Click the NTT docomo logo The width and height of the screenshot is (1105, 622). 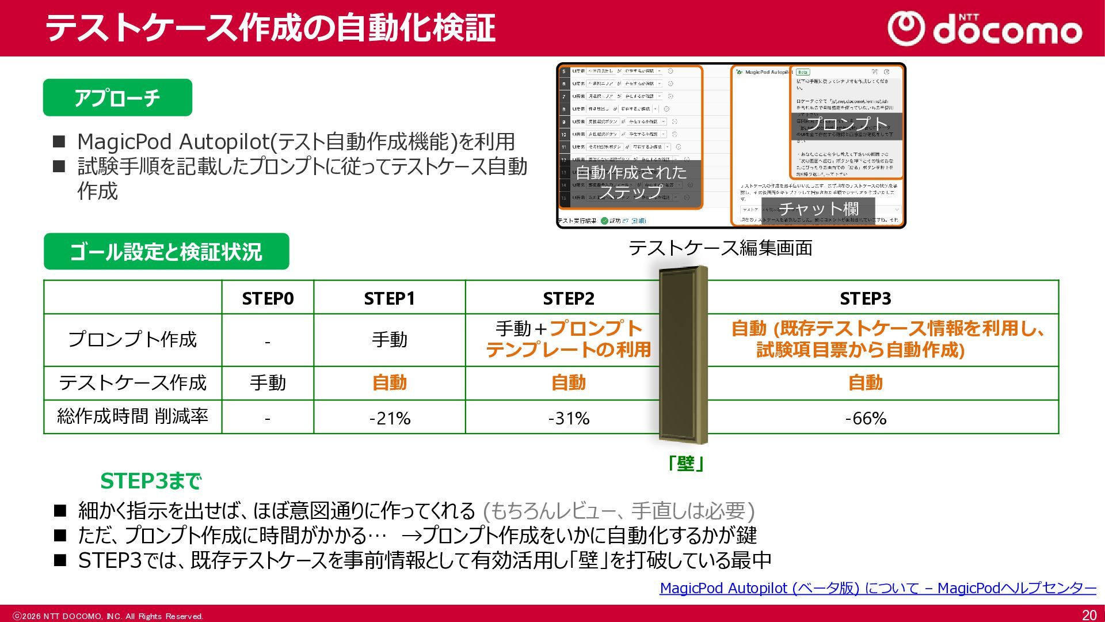click(985, 29)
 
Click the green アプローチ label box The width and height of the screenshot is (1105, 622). click(117, 98)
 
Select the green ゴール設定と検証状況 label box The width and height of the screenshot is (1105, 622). click(166, 252)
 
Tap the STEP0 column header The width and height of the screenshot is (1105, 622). click(268, 298)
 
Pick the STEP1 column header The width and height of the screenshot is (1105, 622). click(389, 298)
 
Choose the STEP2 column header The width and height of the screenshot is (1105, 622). click(568, 298)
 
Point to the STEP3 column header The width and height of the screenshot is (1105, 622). click(865, 298)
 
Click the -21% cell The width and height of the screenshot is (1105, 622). click(390, 418)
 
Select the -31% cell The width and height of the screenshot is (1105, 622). click(569, 418)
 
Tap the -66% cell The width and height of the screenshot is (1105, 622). click(865, 418)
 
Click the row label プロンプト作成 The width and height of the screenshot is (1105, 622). click(132, 340)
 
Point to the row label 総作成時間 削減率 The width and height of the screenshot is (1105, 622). click(132, 416)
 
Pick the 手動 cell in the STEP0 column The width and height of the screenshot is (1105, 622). click(268, 383)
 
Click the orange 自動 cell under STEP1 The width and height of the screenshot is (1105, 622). click(389, 383)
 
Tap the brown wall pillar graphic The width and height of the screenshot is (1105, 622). click(683, 354)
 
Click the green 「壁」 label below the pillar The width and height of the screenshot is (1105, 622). click(685, 464)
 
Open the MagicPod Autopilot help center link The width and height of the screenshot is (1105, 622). click(878, 588)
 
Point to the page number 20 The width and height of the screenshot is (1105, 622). click(1089, 615)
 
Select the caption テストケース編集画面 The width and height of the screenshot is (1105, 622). click(720, 248)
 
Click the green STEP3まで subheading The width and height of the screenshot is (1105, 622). click(151, 481)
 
